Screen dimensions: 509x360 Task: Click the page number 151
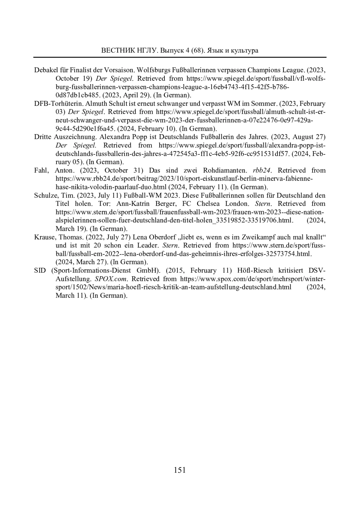pyautogui.click(x=180, y=470)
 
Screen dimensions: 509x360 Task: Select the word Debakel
pyautogui.click(x=46, y=70)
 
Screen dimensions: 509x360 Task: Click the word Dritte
pyautogui.click(x=43, y=137)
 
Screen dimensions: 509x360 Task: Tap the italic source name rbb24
pyautogui.click(x=262, y=170)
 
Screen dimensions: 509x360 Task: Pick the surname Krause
pyautogui.click(x=45, y=237)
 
